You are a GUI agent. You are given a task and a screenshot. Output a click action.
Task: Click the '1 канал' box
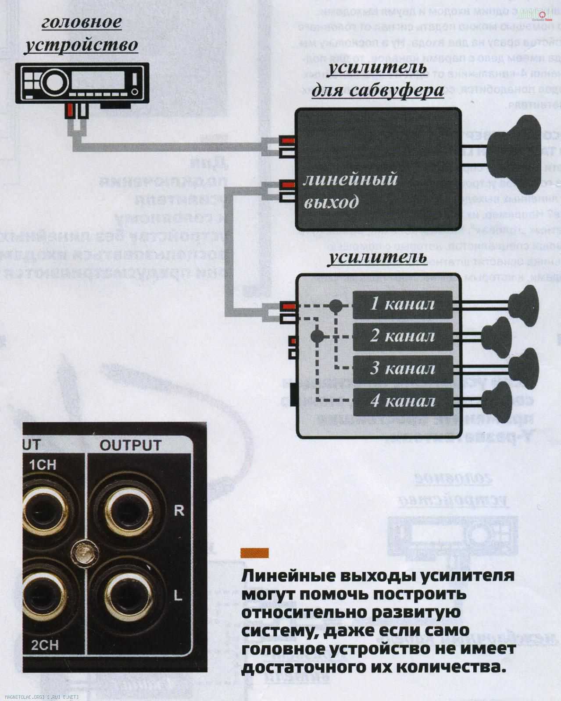pos(402,304)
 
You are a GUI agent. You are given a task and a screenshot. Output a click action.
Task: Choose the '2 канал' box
pos(402,336)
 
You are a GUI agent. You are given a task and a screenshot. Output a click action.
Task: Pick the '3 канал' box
pos(402,368)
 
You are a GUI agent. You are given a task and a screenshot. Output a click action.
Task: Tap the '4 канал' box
pos(402,401)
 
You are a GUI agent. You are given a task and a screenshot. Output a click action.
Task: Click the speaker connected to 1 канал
pos(524,303)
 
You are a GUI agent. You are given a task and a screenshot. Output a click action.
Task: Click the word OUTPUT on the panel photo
pos(130,445)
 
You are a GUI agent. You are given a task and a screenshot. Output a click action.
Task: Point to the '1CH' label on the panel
pos(43,464)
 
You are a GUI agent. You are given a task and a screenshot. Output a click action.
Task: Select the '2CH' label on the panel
pos(45,644)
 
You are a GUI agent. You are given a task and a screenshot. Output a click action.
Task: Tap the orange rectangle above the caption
pos(254,553)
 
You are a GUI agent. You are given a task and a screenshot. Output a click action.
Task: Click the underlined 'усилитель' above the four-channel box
pos(378,257)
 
